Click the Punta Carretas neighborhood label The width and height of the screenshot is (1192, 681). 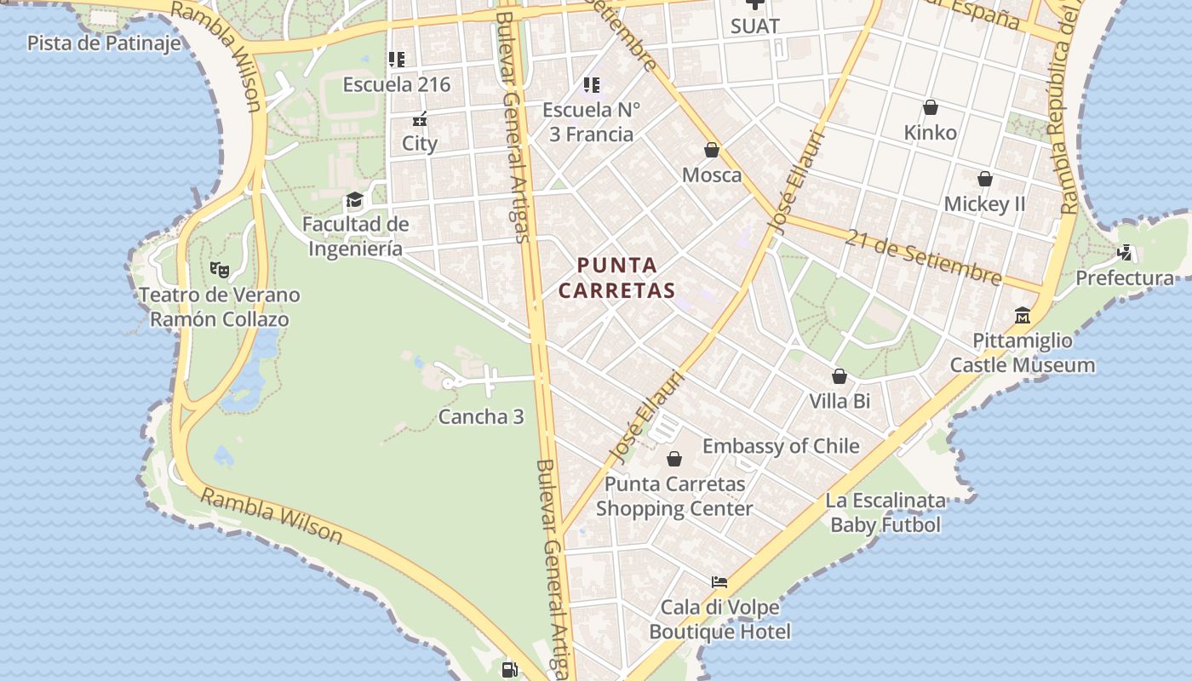pos(616,278)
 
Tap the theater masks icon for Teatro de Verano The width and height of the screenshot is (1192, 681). pos(220,270)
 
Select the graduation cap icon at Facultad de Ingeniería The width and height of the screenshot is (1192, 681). pos(354,201)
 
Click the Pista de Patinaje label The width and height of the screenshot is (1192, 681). pos(104,43)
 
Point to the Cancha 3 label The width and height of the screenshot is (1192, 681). pos(481,417)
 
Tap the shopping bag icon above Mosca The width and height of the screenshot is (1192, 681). pos(712,151)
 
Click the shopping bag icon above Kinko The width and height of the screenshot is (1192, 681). pos(931,108)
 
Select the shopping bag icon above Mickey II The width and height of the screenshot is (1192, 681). pos(985,180)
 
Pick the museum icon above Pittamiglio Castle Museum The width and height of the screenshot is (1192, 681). pos(1023,316)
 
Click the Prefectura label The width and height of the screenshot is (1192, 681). pos(1125,278)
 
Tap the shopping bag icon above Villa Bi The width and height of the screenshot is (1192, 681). pos(840,376)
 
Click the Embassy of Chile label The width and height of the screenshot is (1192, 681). pos(781,446)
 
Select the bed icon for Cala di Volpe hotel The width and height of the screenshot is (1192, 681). pos(719,583)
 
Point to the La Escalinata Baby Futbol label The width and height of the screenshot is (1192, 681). pos(885,512)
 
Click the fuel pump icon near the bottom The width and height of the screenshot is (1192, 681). pos(509,670)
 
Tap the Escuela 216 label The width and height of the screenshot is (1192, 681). pos(397,85)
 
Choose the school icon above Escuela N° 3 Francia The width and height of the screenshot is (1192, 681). pos(592,85)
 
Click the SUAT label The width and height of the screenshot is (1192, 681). pos(755,26)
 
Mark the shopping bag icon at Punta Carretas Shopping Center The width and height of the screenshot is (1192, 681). pos(674,460)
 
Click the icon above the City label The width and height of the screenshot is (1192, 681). pos(419,119)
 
